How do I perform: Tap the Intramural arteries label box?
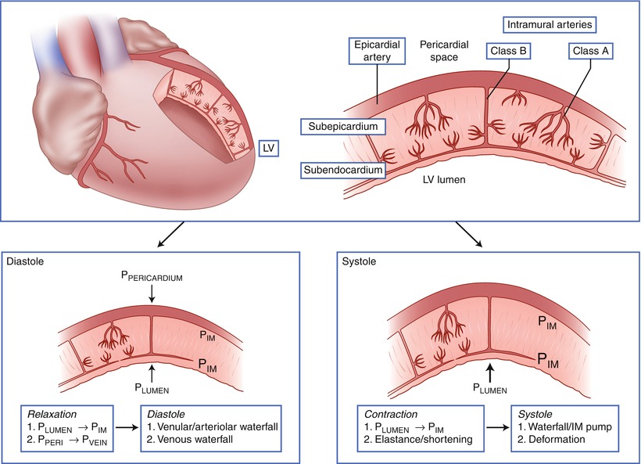[x=546, y=24]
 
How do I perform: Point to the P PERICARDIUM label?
[x=153, y=276]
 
